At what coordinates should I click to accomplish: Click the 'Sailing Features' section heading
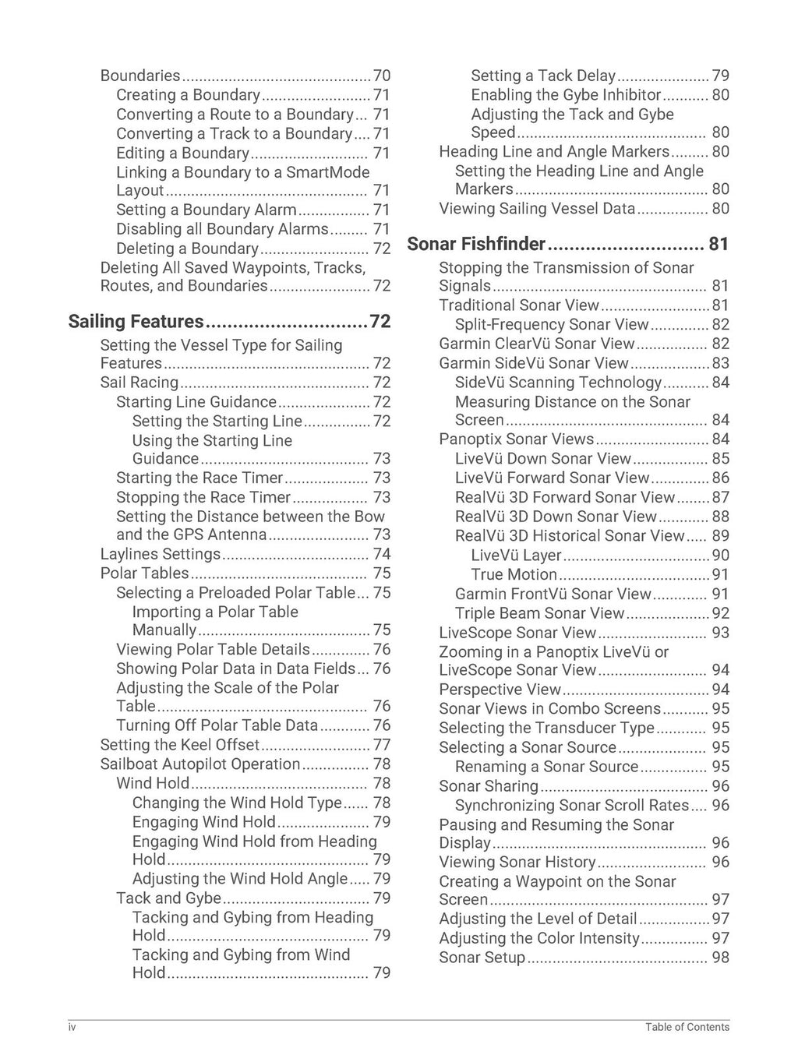[136, 322]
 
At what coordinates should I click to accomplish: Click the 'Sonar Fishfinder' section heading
[476, 245]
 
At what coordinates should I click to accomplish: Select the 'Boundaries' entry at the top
[140, 76]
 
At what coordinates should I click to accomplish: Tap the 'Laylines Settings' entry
[161, 554]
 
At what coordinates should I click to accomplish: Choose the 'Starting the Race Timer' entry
[199, 478]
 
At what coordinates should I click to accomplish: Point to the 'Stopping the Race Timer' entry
[203, 497]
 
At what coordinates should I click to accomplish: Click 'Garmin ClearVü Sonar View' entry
[537, 344]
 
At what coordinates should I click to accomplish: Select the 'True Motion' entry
[514, 574]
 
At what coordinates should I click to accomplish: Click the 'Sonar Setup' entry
[482, 958]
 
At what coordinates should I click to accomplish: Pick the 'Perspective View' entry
[500, 690]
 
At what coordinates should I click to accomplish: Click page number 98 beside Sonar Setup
[720, 958]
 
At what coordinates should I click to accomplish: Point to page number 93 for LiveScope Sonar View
[720, 633]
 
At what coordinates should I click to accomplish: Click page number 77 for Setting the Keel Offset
[382, 745]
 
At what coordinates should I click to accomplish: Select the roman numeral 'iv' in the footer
[72, 1028]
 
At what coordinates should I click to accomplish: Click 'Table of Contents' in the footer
[687, 1028]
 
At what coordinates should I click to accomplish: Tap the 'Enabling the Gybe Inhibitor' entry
[566, 95]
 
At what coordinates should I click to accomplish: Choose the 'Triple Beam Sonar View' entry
[540, 613]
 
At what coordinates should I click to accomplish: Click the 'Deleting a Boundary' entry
[187, 249]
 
